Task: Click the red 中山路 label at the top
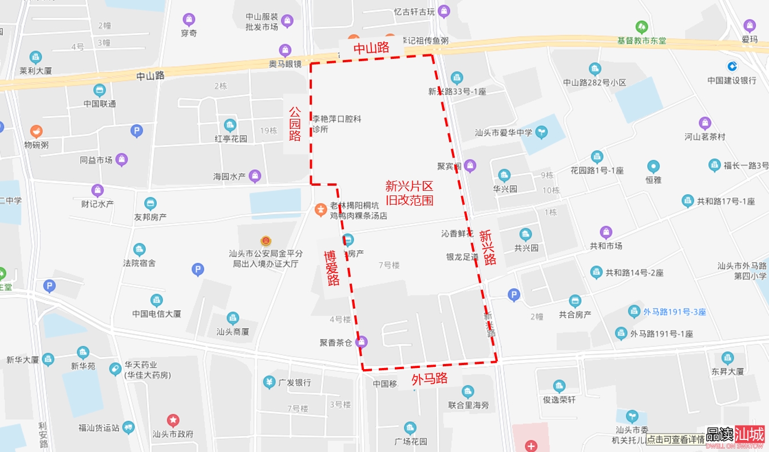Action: coord(371,49)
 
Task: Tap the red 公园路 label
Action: coord(295,123)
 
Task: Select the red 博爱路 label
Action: coord(332,268)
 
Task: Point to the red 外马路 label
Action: coord(429,379)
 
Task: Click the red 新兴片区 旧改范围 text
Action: coord(409,193)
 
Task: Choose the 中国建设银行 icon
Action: coord(732,66)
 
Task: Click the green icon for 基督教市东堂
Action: coord(642,27)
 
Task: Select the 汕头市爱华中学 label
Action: coord(504,133)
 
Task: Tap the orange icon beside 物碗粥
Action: coord(37,131)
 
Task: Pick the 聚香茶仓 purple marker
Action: coord(361,342)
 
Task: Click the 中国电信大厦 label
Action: coord(157,314)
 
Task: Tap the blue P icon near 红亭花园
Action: coord(136,131)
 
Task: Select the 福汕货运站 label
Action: coord(99,427)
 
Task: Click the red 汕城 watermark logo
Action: coord(750,435)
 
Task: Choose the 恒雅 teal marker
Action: coord(653,167)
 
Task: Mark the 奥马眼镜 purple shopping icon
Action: coord(285,50)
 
